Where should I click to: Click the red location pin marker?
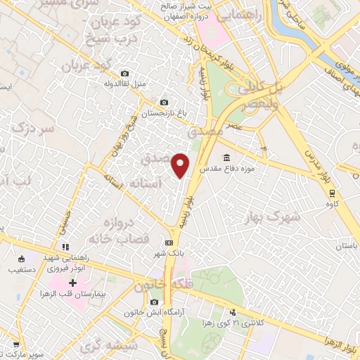click(x=181, y=165)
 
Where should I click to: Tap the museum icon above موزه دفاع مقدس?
click(x=226, y=157)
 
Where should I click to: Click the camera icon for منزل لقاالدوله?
click(x=125, y=73)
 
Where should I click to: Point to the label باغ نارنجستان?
click(x=162, y=112)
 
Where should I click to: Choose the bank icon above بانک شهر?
click(x=169, y=240)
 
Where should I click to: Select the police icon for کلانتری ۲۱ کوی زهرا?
click(x=233, y=312)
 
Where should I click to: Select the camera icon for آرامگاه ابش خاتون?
click(x=155, y=302)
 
